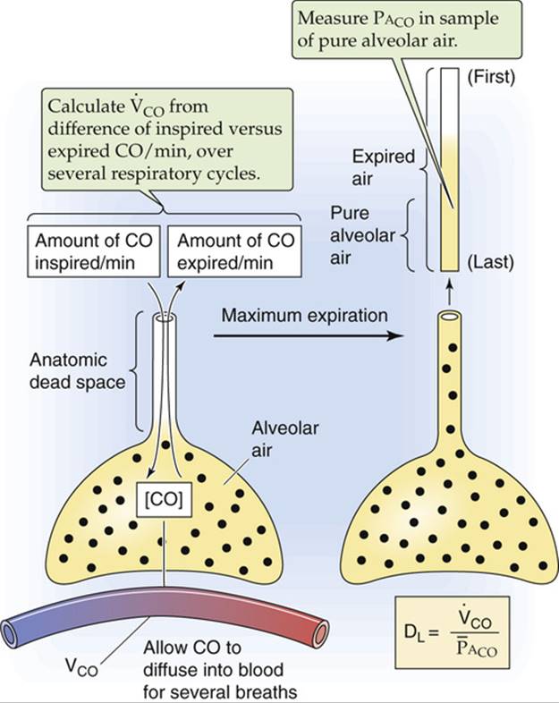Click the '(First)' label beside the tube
click(491, 76)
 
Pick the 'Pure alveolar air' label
click(359, 231)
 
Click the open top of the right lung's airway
click(447, 318)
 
